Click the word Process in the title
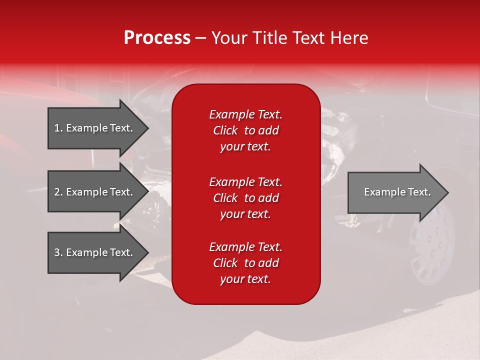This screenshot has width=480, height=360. pyautogui.click(x=157, y=38)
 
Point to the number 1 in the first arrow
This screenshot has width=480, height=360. pyautogui.click(x=56, y=128)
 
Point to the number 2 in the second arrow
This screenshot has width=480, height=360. pyautogui.click(x=57, y=192)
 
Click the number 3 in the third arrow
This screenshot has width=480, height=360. pyautogui.click(x=57, y=252)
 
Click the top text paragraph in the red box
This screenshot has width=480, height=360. pyautogui.click(x=245, y=130)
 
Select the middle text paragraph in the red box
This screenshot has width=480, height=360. pyautogui.click(x=245, y=198)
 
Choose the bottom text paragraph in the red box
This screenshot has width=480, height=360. pyautogui.click(x=245, y=263)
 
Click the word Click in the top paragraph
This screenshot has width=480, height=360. pyautogui.click(x=225, y=130)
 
